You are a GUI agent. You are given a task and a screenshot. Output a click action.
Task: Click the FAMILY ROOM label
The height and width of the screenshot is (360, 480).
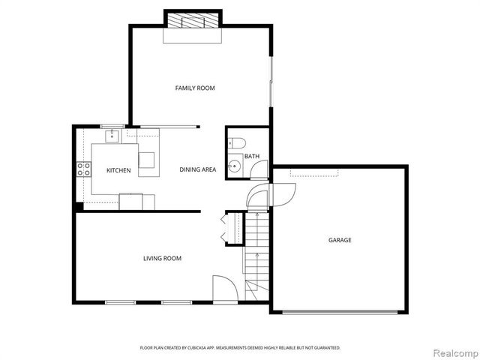[x=195, y=88]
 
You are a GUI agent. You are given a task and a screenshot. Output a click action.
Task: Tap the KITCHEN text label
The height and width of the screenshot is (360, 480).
[x=118, y=170]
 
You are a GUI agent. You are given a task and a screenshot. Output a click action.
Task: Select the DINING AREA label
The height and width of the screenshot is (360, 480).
[x=198, y=169]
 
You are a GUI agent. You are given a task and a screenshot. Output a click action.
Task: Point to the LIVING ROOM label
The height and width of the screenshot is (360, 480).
[x=162, y=259]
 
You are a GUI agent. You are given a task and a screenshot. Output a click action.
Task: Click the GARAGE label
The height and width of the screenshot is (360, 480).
[x=340, y=240]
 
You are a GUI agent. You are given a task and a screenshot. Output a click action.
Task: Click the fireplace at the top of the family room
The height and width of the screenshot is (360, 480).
[x=193, y=20]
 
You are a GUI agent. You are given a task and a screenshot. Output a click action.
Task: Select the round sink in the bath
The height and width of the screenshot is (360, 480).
[x=235, y=166]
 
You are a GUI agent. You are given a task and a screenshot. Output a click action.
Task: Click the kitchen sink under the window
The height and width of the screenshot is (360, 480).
[x=112, y=136]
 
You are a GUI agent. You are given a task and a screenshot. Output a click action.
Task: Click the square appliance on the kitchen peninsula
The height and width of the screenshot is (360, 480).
[x=146, y=159]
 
